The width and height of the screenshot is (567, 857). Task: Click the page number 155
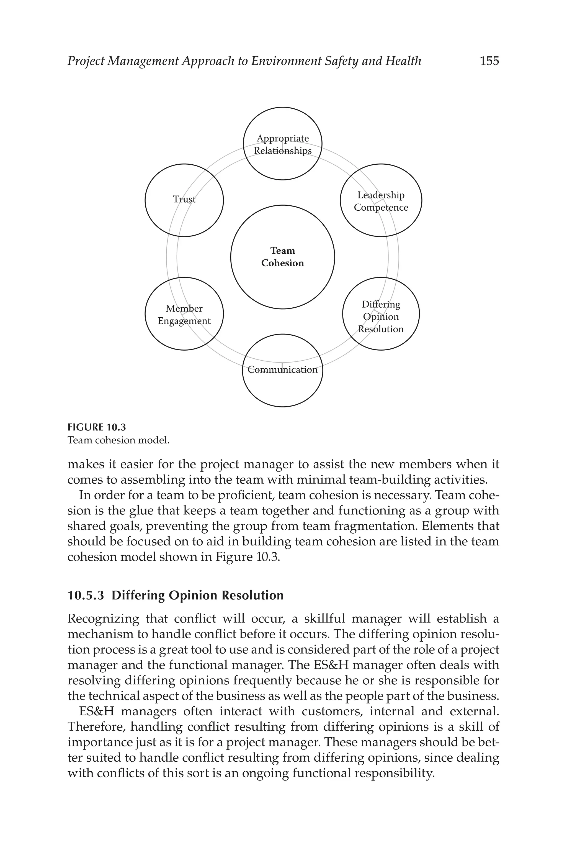click(489, 61)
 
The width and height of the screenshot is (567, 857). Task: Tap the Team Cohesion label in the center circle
click(282, 257)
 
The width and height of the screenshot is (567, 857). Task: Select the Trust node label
click(184, 199)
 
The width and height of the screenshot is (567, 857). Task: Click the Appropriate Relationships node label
click(282, 145)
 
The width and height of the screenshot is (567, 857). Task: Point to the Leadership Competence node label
click(381, 201)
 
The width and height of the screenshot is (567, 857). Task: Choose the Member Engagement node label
click(184, 315)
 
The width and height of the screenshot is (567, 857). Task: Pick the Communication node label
click(282, 369)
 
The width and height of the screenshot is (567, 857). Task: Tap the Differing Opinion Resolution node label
click(381, 317)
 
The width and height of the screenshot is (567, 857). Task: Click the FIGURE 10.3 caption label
click(97, 427)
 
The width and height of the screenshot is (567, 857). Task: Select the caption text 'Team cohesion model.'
click(118, 440)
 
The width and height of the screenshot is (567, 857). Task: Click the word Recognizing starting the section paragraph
click(103, 619)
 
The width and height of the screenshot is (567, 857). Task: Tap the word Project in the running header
click(86, 61)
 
